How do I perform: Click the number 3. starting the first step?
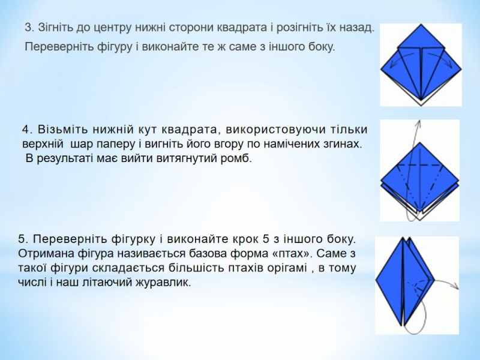tap(29, 28)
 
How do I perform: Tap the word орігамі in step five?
tap(287, 268)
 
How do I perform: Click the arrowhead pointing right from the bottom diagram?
tap(456, 287)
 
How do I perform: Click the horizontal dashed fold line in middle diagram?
tap(419, 165)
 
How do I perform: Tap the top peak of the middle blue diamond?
tap(419, 142)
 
